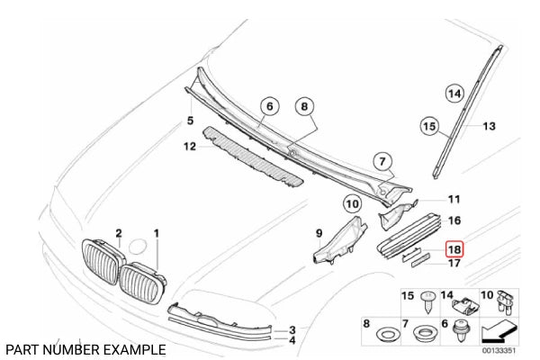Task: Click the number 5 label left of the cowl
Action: pyautogui.click(x=190, y=120)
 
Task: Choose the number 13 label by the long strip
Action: pyautogui.click(x=489, y=127)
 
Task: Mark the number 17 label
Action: pyautogui.click(x=455, y=264)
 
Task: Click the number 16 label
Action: pyautogui.click(x=454, y=220)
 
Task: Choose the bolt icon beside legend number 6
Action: pyautogui.click(x=468, y=328)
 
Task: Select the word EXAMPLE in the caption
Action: pyautogui.click(x=136, y=348)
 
